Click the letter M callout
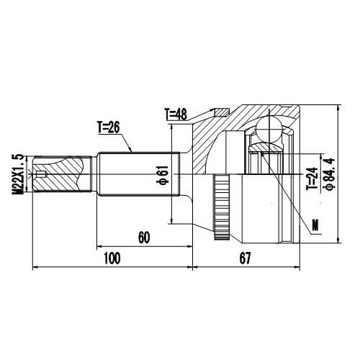[x=315, y=229]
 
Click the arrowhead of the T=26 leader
[x=132, y=151]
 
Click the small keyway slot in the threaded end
[x=41, y=174]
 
